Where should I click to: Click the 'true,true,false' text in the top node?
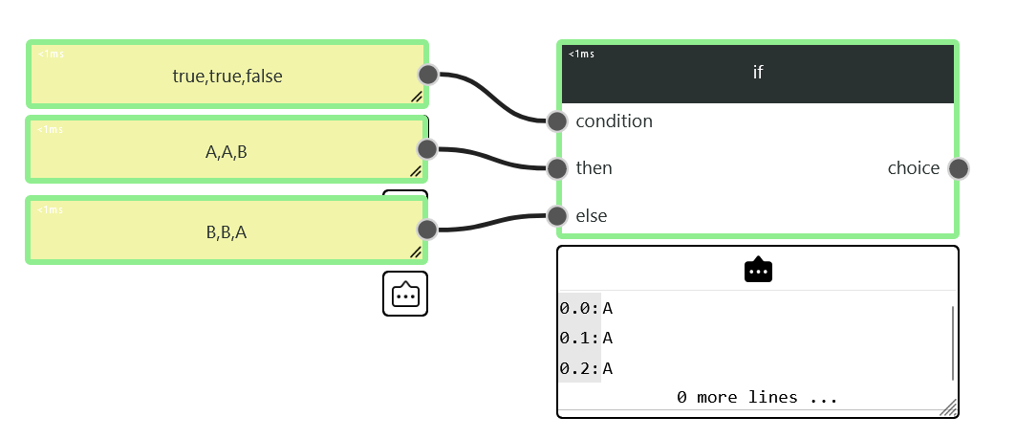click(x=227, y=77)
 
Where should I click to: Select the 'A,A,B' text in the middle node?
click(x=227, y=152)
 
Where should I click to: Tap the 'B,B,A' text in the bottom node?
click(x=227, y=232)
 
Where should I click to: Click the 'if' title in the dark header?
click(x=758, y=72)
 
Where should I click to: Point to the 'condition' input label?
click(x=614, y=121)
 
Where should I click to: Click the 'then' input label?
click(x=594, y=168)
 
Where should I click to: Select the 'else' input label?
click(x=591, y=215)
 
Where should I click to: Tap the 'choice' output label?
click(x=914, y=168)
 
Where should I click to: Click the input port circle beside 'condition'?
click(x=557, y=121)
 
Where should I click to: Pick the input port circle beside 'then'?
click(x=557, y=168)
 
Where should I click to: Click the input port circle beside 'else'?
click(x=557, y=215)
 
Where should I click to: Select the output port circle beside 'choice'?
click(x=959, y=168)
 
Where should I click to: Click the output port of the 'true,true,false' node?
click(x=428, y=75)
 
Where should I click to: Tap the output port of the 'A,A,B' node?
click(x=427, y=149)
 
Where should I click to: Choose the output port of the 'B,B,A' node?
click(x=427, y=229)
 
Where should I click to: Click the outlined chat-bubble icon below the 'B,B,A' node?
click(x=405, y=295)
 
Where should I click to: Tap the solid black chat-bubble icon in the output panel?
click(x=758, y=269)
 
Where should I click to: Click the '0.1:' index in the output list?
click(x=580, y=338)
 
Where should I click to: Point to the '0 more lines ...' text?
click(x=757, y=397)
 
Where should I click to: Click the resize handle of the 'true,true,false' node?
click(x=417, y=97)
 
